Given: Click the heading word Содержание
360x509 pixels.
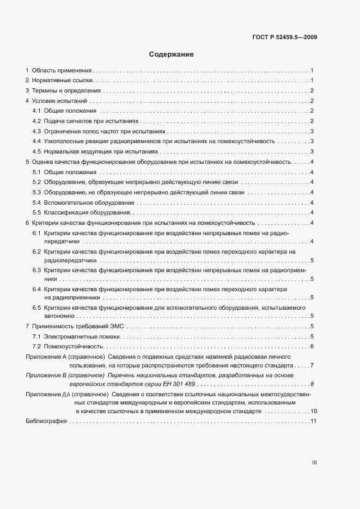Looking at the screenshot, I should pyautogui.click(x=171, y=54).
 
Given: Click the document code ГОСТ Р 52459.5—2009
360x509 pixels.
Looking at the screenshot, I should pyautogui.click(x=285, y=38).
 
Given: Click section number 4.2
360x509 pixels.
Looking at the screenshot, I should pyautogui.click(x=37, y=121).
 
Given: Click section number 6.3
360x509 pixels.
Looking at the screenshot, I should pyautogui.click(x=37, y=269).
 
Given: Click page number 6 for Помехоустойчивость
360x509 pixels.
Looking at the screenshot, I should pyautogui.click(x=311, y=346).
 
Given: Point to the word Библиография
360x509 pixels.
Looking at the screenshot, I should pyautogui.click(x=46, y=421).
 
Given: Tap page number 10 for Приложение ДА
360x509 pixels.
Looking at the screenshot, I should pyautogui.click(x=314, y=411).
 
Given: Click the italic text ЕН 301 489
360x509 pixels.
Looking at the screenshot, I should pyautogui.click(x=168, y=384).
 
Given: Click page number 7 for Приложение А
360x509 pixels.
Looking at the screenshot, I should pyautogui.click(x=311, y=366).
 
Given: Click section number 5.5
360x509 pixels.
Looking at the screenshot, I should pyautogui.click(x=37, y=212).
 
